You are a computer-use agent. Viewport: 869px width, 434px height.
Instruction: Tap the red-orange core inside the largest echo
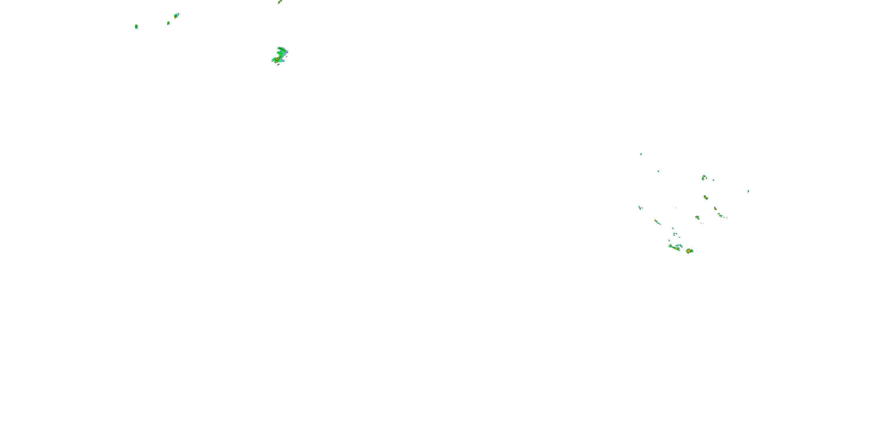(277, 60)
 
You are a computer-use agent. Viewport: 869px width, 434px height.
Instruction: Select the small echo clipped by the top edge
(279, 2)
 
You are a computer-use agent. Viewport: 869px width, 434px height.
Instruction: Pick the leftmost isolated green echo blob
(136, 26)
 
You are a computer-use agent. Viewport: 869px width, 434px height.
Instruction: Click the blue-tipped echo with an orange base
(176, 16)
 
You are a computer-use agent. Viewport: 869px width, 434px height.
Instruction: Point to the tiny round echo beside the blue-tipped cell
(168, 23)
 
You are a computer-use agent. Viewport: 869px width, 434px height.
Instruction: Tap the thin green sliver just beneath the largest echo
(279, 64)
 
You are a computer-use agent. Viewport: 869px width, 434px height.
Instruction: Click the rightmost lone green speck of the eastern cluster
(748, 191)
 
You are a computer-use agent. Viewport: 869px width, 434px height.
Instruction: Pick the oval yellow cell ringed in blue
(705, 197)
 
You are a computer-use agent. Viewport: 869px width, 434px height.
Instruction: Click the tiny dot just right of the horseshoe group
(713, 180)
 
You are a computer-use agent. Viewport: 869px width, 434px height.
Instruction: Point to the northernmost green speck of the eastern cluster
(641, 154)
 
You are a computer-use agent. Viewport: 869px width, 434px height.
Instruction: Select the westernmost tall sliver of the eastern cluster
(640, 207)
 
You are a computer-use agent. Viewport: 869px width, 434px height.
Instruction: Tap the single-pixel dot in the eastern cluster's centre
(676, 208)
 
